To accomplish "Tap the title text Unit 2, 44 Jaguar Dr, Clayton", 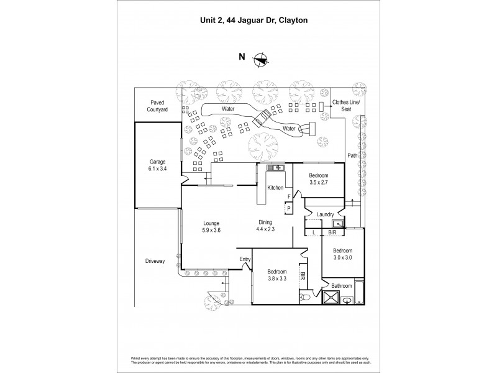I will click(x=248, y=20).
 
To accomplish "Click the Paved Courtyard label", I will click(x=157, y=106).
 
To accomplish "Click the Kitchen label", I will click(x=275, y=188).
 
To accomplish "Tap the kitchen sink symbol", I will click(x=275, y=167).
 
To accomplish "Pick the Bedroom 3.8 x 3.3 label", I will click(x=276, y=275).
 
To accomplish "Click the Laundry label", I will click(x=325, y=214).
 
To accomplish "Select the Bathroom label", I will click(x=342, y=286).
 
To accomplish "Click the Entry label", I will click(x=244, y=260).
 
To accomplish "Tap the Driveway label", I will click(x=155, y=261).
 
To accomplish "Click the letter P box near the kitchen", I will click(x=289, y=209).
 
